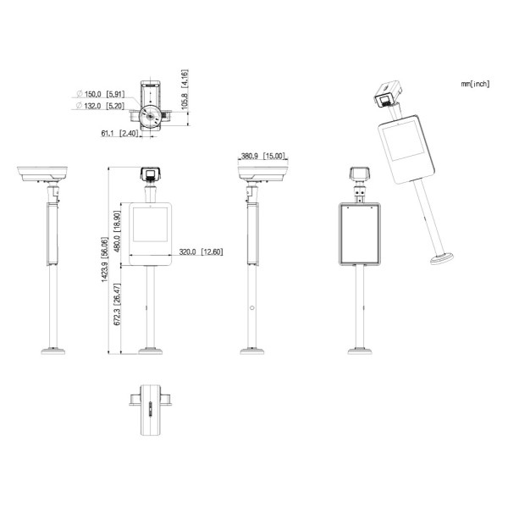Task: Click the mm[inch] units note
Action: [x=475, y=84]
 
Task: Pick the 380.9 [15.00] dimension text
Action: [x=262, y=156]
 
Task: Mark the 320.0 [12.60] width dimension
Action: [x=200, y=252]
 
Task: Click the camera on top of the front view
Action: [x=150, y=174]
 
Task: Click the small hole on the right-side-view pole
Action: [x=251, y=308]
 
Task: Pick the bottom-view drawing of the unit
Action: [x=150, y=408]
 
